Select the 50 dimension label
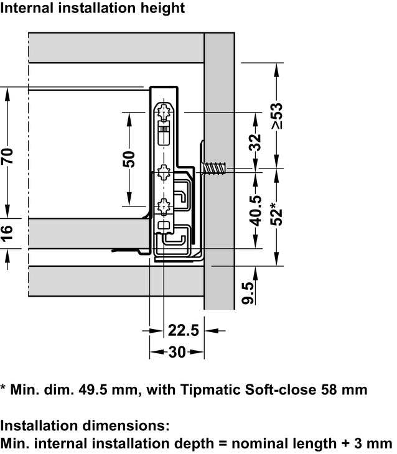click(128, 159)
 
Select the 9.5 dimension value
click(248, 292)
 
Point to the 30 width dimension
click(177, 352)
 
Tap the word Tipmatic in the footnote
click(210, 390)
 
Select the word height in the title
click(163, 8)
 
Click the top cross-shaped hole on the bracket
click(164, 113)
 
